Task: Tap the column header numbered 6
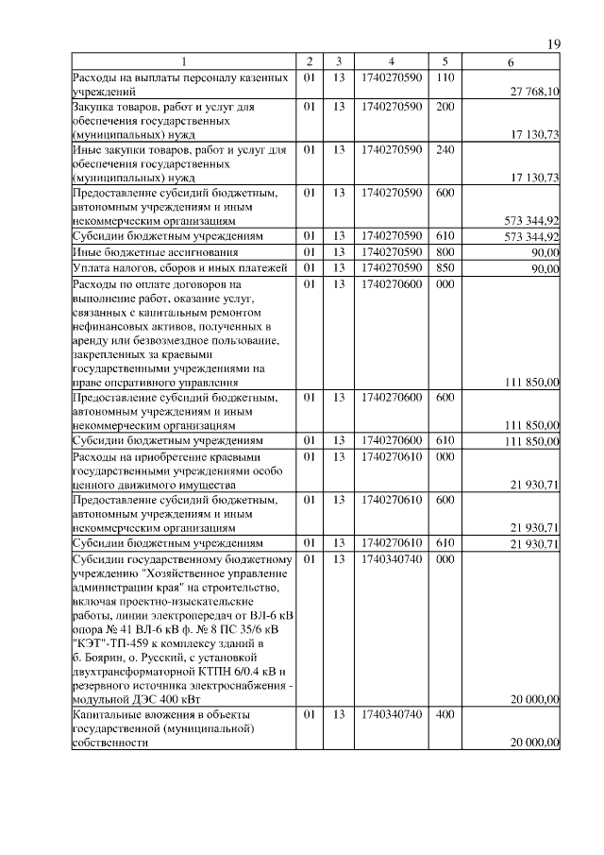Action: point(511,62)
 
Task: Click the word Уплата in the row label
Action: point(92,269)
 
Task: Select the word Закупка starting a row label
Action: point(95,108)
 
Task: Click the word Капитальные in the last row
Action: point(106,715)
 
